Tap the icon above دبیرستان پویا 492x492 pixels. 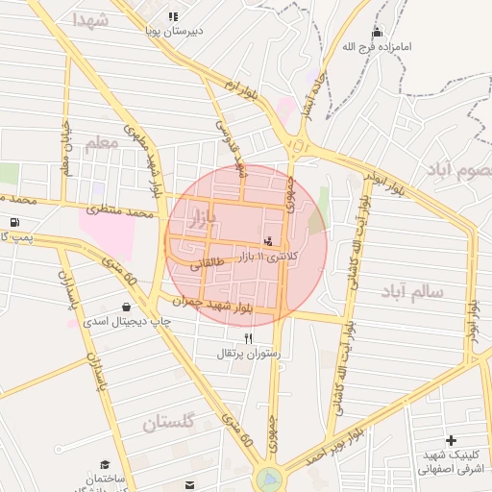coord(173,16)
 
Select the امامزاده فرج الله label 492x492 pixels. coord(376,45)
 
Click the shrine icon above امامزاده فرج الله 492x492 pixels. coord(377,31)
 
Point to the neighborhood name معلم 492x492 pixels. coord(101,143)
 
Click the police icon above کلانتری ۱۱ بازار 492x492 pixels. coord(267,239)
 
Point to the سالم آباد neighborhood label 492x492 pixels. coord(411,289)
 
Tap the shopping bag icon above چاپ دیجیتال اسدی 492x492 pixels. coord(127,307)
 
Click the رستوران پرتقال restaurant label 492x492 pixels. coord(249,353)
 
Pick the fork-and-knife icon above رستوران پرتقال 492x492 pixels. coord(249,337)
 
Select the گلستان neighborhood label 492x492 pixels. coord(169,422)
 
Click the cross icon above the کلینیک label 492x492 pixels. coord(451,440)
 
